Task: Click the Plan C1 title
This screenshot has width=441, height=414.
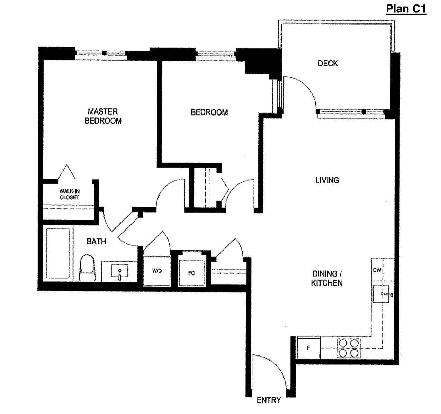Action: point(406,8)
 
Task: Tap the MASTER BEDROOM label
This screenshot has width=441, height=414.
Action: point(103,116)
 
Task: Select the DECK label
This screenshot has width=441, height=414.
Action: point(327,63)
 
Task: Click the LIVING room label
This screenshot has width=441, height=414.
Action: point(327,180)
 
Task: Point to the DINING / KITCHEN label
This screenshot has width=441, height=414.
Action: point(326,278)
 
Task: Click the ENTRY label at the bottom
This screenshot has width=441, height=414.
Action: point(269,400)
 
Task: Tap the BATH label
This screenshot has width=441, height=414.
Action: point(96,241)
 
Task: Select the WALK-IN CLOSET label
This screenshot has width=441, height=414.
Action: point(69,194)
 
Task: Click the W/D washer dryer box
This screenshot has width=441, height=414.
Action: point(157,271)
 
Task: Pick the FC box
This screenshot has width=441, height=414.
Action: point(191,273)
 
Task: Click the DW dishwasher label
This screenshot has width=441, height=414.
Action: point(377,270)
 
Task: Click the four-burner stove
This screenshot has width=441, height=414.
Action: point(349,348)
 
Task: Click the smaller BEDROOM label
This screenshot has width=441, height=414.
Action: point(209,112)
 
